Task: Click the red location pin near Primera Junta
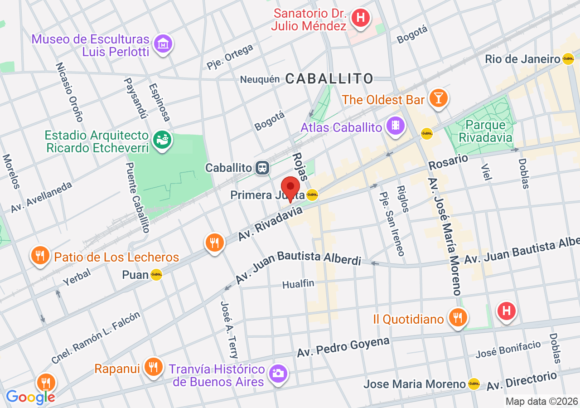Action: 290,187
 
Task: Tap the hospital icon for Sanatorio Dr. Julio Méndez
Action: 361,19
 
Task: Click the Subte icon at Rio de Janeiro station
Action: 568,59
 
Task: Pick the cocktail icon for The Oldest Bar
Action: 438,98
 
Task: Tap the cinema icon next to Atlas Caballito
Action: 396,126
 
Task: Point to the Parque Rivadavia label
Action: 482,131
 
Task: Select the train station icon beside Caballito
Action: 262,168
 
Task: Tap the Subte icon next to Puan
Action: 156,275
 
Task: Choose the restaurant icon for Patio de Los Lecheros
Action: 40,255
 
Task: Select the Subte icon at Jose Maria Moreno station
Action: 474,384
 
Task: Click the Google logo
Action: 30,397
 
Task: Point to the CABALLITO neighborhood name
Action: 329,78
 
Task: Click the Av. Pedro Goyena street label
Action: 343,347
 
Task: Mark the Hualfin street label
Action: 298,284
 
